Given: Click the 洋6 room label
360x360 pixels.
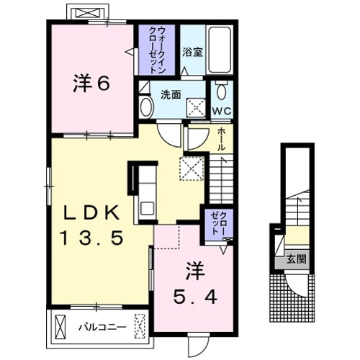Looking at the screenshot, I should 91,84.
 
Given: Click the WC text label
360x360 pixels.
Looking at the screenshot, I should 221,110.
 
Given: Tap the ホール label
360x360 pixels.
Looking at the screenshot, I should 220,137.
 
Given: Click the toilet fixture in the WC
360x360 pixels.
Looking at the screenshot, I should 221,91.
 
